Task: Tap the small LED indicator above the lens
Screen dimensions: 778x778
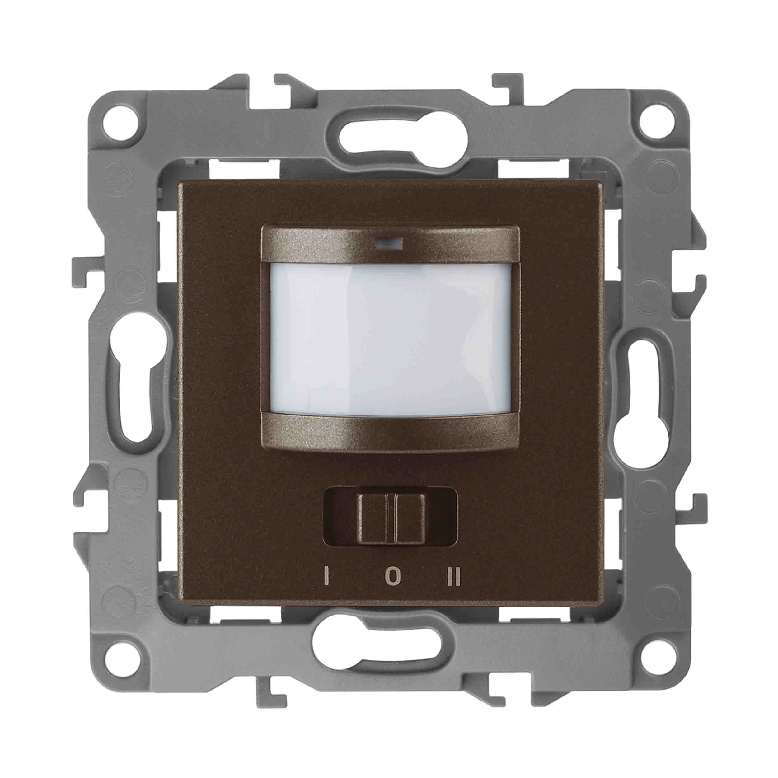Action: coord(389,243)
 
